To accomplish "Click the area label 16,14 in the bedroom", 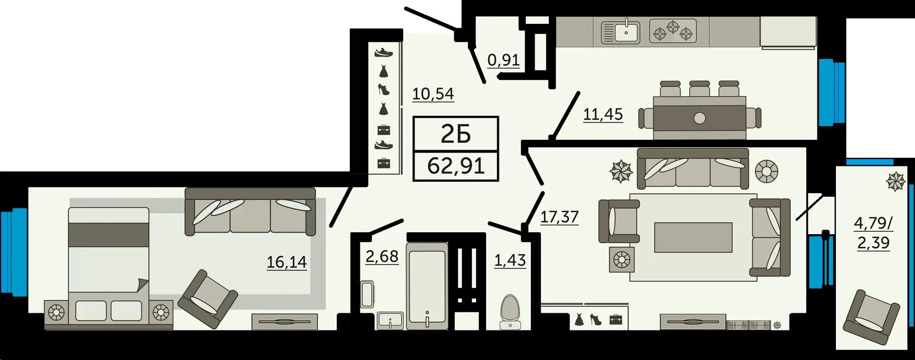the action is [286, 262].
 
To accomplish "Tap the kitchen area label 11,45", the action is [603, 114].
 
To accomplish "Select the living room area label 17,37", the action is [559, 217].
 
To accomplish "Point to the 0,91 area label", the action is [503, 60].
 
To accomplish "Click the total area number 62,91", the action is [456, 166].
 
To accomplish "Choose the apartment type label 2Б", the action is [456, 134].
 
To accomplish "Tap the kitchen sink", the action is [620, 31].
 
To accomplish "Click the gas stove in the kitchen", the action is [672, 31].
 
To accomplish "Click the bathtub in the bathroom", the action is [427, 286].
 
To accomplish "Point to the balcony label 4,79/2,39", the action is [873, 233].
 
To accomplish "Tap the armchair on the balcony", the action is [872, 317].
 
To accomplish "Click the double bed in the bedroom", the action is [109, 265].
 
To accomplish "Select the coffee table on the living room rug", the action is [693, 237].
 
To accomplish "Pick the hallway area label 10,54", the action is [433, 94].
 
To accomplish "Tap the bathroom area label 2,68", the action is [382, 257].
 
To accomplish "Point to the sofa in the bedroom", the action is [250, 211].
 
